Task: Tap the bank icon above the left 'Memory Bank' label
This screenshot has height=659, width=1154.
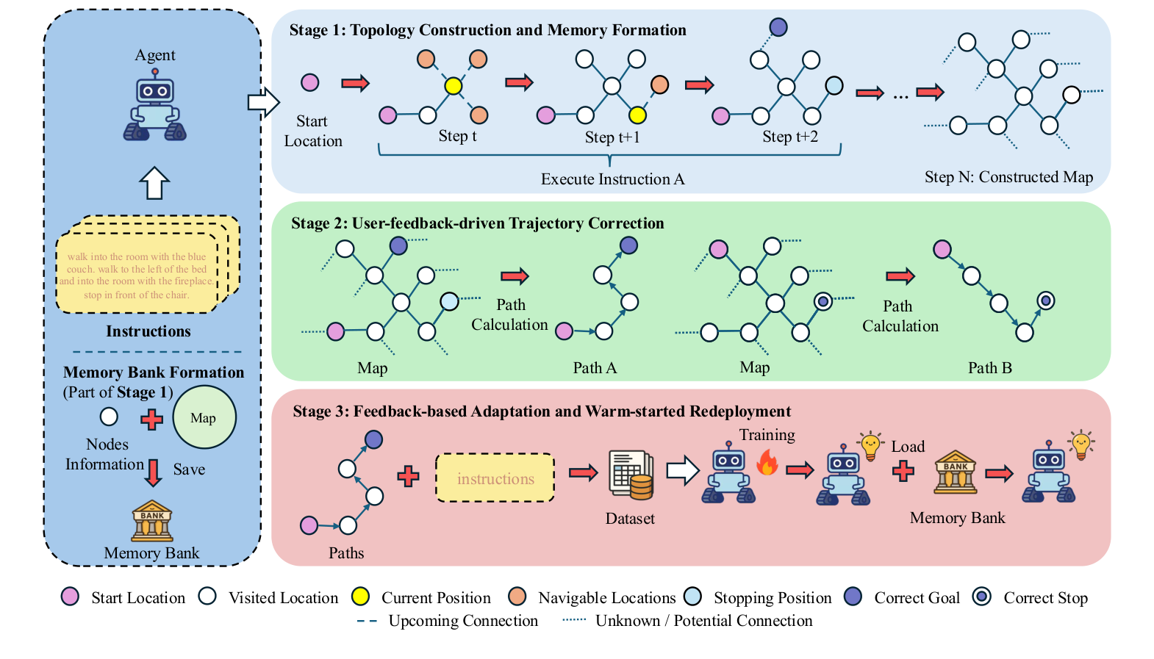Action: pyautogui.click(x=152, y=521)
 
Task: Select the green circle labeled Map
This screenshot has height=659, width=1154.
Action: pyautogui.click(x=204, y=417)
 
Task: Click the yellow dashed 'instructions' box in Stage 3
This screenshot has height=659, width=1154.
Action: pyautogui.click(x=495, y=478)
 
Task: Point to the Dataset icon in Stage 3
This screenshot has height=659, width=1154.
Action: pyautogui.click(x=631, y=475)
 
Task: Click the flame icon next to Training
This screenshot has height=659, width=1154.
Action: pyautogui.click(x=767, y=463)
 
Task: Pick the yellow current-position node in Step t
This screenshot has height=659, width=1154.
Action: pyautogui.click(x=454, y=86)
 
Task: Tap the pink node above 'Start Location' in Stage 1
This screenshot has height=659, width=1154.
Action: pyautogui.click(x=310, y=82)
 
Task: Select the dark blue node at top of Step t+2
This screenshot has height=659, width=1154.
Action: pyautogui.click(x=778, y=27)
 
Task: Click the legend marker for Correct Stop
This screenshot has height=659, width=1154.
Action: pyautogui.click(x=981, y=597)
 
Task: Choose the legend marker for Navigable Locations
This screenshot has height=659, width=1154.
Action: pyautogui.click(x=517, y=597)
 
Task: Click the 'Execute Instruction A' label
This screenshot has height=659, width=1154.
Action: pyautogui.click(x=612, y=179)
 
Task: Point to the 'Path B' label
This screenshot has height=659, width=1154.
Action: pyautogui.click(x=989, y=368)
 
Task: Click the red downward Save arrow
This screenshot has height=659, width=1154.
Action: pyautogui.click(x=153, y=472)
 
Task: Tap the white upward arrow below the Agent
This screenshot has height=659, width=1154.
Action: pyautogui.click(x=154, y=183)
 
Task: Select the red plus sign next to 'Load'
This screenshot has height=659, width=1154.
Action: pyautogui.click(x=903, y=471)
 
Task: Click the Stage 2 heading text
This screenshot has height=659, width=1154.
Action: pyautogui.click(x=477, y=223)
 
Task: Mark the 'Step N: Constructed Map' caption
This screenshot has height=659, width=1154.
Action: pyautogui.click(x=1008, y=177)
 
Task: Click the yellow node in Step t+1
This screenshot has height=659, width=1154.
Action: pyautogui.click(x=637, y=115)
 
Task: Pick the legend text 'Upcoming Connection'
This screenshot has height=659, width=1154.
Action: pyautogui.click(x=463, y=621)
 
